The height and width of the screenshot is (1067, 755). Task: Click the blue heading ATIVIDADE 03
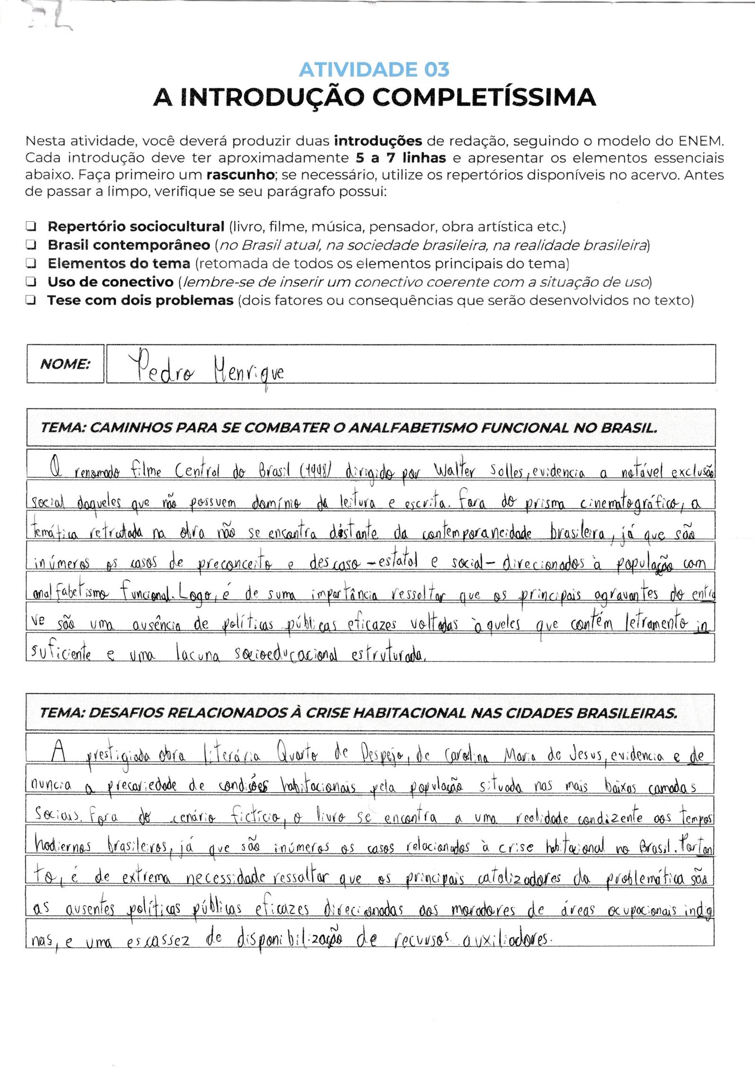[374, 70]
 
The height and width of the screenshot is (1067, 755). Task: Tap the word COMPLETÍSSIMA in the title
[484, 98]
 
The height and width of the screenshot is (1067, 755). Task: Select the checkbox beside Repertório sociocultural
[31, 226]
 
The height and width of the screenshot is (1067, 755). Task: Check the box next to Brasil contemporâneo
[31, 245]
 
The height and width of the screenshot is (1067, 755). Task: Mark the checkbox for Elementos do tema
[31, 263]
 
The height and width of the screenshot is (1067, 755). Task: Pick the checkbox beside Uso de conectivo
[31, 282]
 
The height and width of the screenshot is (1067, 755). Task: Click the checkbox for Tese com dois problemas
[31, 300]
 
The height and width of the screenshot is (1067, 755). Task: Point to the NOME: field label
[65, 364]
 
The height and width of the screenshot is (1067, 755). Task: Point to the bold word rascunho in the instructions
[240, 175]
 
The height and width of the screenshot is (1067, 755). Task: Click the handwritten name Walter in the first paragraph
[454, 470]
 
